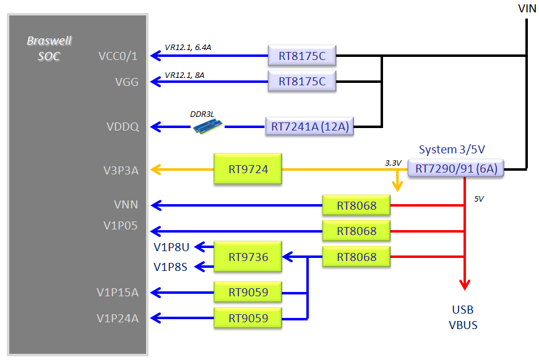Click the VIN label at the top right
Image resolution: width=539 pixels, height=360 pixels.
pos(527,8)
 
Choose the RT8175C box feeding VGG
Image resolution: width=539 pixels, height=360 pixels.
pos(302,82)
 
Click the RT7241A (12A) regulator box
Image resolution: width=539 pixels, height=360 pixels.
pos(309,127)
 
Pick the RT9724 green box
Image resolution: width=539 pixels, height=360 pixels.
pos(248,169)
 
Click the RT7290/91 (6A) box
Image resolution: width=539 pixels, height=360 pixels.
pos(456,168)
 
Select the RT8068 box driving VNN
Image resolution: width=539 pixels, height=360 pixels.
pos(356,205)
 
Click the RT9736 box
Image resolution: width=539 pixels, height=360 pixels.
pos(248,256)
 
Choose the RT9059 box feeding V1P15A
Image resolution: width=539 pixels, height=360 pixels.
pos(248,291)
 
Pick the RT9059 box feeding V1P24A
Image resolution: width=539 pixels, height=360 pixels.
pos(248,318)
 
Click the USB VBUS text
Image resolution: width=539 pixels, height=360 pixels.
pos(463,317)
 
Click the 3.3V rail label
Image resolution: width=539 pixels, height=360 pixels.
pos(394,163)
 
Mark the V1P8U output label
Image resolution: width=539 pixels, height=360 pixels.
pos(171,247)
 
